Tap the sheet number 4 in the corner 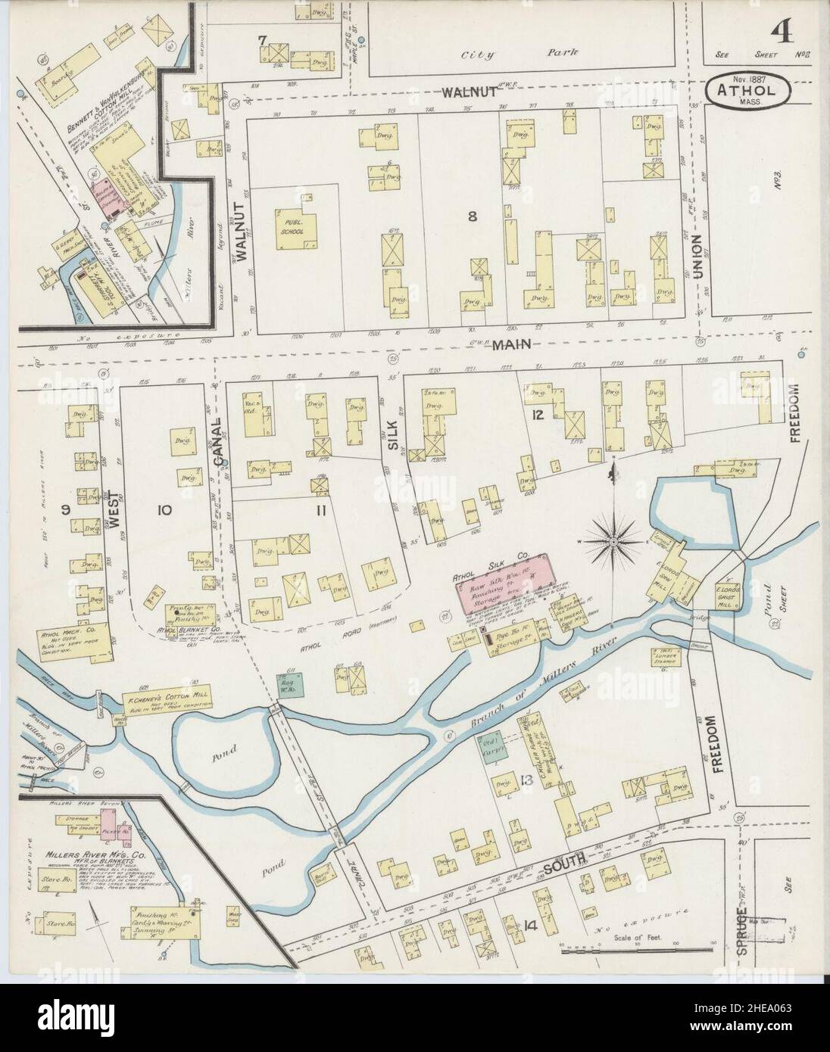tap(779, 35)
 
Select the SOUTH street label tap(562, 861)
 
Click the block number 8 tap(471, 217)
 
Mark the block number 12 tap(538, 415)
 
